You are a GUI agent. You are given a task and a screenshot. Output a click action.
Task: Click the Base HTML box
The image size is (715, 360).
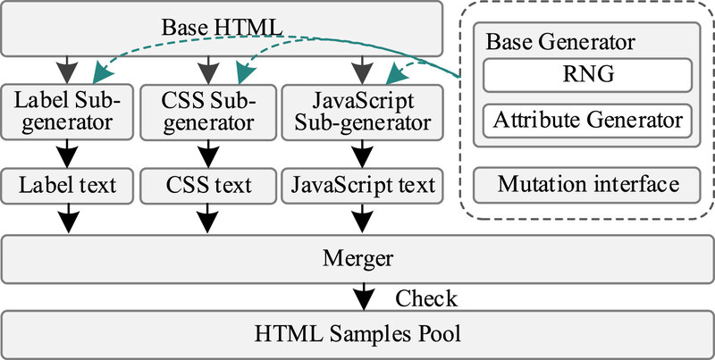tap(223, 27)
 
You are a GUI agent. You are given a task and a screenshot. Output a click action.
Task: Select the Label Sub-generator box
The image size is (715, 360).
tap(69, 111)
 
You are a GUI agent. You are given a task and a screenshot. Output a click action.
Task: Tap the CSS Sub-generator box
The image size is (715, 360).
tap(208, 111)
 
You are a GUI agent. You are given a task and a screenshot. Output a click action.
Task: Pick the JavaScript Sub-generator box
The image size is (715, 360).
tap(361, 111)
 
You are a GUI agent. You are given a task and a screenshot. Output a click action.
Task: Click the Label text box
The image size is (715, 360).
tap(69, 186)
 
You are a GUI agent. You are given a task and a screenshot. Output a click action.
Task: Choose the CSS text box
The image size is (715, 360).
tap(208, 186)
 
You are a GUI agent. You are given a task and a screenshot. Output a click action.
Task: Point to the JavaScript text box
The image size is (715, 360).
tap(361, 186)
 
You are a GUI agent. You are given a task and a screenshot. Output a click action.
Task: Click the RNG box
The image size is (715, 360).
tap(587, 76)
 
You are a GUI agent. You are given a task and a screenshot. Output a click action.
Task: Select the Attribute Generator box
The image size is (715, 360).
tap(587, 119)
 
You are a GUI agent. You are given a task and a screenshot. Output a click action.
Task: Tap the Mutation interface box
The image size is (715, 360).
tap(587, 186)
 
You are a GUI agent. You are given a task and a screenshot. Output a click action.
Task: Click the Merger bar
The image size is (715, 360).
tap(357, 257)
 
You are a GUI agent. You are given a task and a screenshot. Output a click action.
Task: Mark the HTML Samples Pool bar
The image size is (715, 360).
tap(357, 335)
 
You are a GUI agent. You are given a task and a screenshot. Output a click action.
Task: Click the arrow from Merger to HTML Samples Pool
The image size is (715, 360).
tap(362, 296)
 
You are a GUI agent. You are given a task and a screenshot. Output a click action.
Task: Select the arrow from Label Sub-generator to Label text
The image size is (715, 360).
tap(69, 150)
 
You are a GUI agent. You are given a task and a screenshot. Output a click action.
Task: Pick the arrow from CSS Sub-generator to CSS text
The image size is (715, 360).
tap(208, 150)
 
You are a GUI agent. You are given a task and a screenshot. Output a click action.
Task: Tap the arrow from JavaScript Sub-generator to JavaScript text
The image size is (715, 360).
tap(361, 150)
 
